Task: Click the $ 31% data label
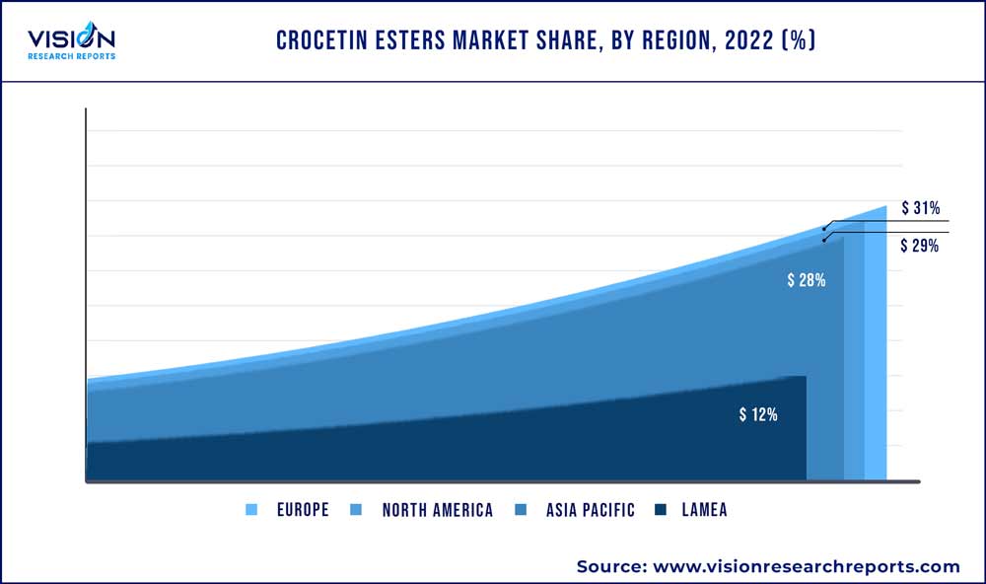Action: (x=919, y=208)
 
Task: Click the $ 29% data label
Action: (x=919, y=246)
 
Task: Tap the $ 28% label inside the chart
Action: (x=806, y=280)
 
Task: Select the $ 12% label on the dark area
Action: (x=758, y=414)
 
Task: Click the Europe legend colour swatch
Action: (x=251, y=510)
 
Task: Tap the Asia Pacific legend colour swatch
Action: (x=519, y=510)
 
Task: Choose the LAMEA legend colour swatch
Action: (x=661, y=510)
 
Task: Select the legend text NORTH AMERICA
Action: (x=437, y=510)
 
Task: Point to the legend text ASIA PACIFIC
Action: (x=590, y=510)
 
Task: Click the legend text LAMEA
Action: (x=704, y=510)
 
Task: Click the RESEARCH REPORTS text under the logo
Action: (x=71, y=56)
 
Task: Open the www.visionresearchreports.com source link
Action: (x=804, y=566)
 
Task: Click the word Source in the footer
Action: (x=607, y=566)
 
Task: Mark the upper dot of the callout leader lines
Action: (x=824, y=228)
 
